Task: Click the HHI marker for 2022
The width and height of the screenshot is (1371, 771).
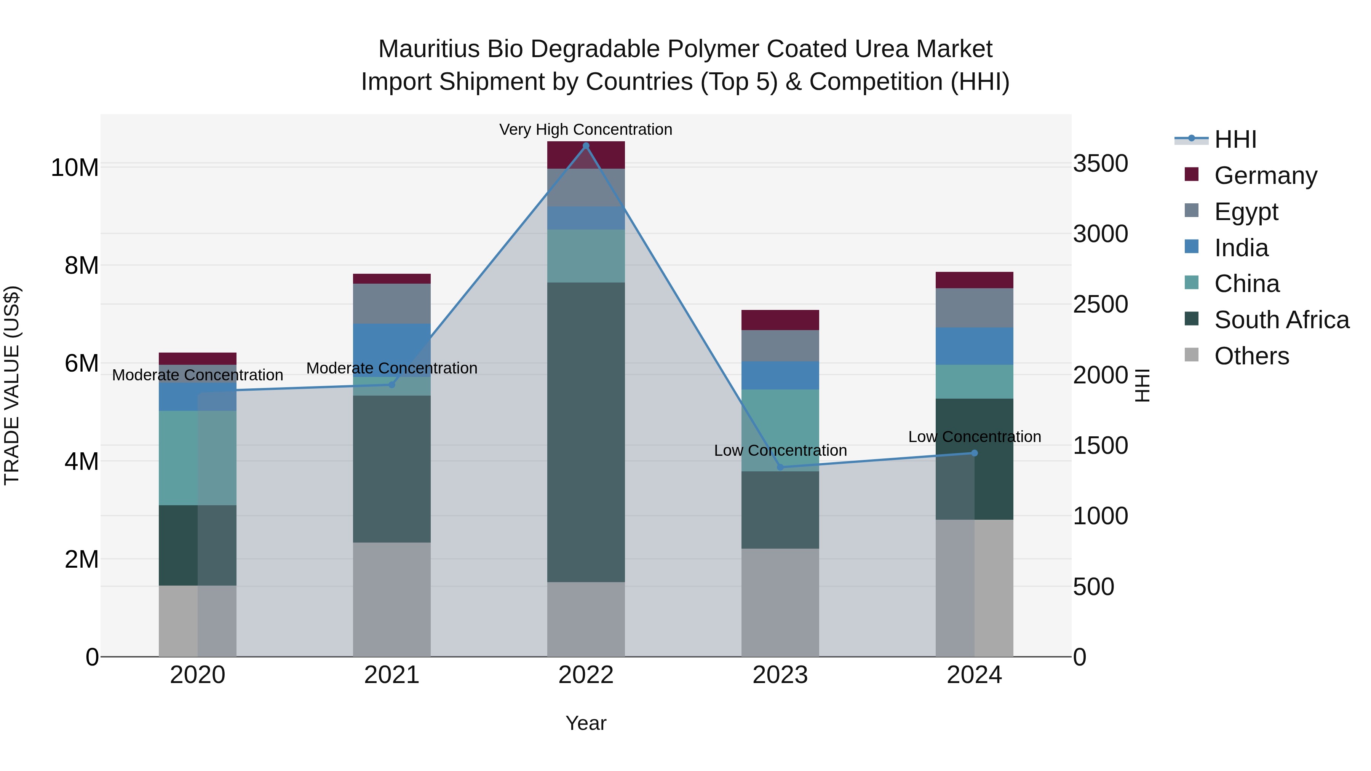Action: pos(586,146)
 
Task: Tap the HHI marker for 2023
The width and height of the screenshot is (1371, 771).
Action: pos(780,467)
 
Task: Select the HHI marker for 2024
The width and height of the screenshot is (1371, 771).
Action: pos(975,453)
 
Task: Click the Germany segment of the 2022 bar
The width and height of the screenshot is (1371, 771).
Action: pos(586,155)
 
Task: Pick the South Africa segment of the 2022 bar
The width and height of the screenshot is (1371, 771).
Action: pos(586,432)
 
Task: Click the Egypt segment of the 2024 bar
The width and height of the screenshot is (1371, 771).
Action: pos(975,308)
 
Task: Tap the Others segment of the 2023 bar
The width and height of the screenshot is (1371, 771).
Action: pos(780,602)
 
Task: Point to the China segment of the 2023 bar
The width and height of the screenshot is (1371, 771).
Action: pos(780,430)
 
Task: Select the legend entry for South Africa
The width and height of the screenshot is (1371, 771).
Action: pos(1281,320)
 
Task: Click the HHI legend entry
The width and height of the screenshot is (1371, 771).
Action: pos(1235,139)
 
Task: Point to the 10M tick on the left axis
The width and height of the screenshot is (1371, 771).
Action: pos(75,168)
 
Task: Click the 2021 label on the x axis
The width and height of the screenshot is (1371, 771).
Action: pos(392,675)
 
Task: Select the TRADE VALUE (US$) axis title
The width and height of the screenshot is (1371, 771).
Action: pos(12,385)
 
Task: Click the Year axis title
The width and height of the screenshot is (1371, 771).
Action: pos(586,723)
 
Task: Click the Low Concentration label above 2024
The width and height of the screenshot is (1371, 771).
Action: pos(975,437)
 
